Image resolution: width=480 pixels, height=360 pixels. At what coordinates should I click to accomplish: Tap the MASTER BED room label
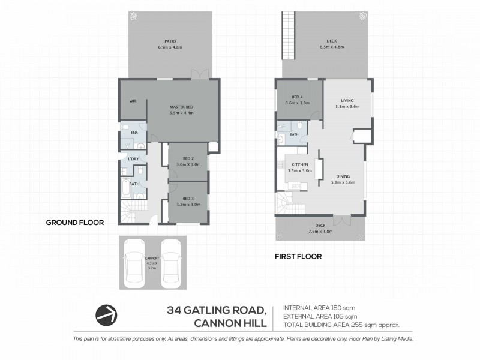click(181, 106)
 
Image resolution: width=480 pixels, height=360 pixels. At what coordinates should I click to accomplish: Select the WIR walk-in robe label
click(133, 101)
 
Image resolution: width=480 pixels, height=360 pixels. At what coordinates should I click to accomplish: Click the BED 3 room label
click(188, 198)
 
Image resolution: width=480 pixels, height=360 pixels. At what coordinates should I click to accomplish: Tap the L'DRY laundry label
click(134, 159)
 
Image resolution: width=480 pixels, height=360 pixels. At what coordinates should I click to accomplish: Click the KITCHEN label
click(300, 164)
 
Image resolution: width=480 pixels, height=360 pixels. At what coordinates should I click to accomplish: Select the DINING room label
click(344, 176)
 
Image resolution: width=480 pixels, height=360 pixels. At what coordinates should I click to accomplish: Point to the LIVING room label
click(347, 101)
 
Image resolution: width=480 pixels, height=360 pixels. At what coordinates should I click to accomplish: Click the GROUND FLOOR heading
click(75, 222)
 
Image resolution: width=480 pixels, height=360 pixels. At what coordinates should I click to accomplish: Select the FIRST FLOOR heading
click(298, 256)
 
